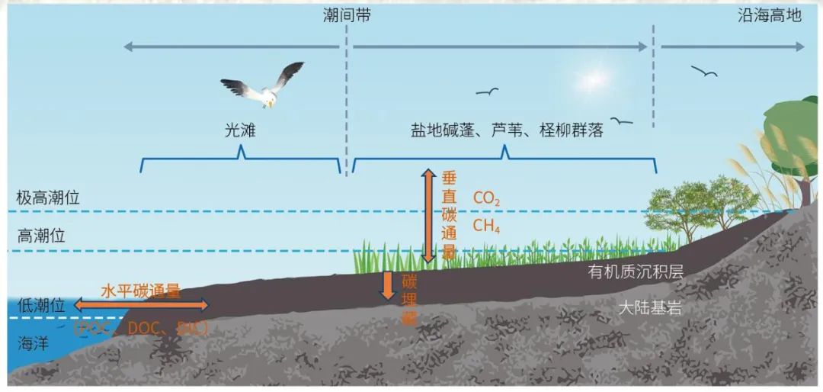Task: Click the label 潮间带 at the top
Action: pyautogui.click(x=347, y=15)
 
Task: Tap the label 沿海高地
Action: pyautogui.click(x=770, y=15)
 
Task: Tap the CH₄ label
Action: pyautogui.click(x=487, y=225)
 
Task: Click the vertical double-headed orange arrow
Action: pyautogui.click(x=428, y=217)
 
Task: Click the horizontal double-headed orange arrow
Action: pyautogui.click(x=141, y=305)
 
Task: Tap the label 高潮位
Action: pyautogui.click(x=42, y=236)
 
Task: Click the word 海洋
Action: pyautogui.click(x=33, y=343)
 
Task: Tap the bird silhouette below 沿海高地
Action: pyautogui.click(x=704, y=72)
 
